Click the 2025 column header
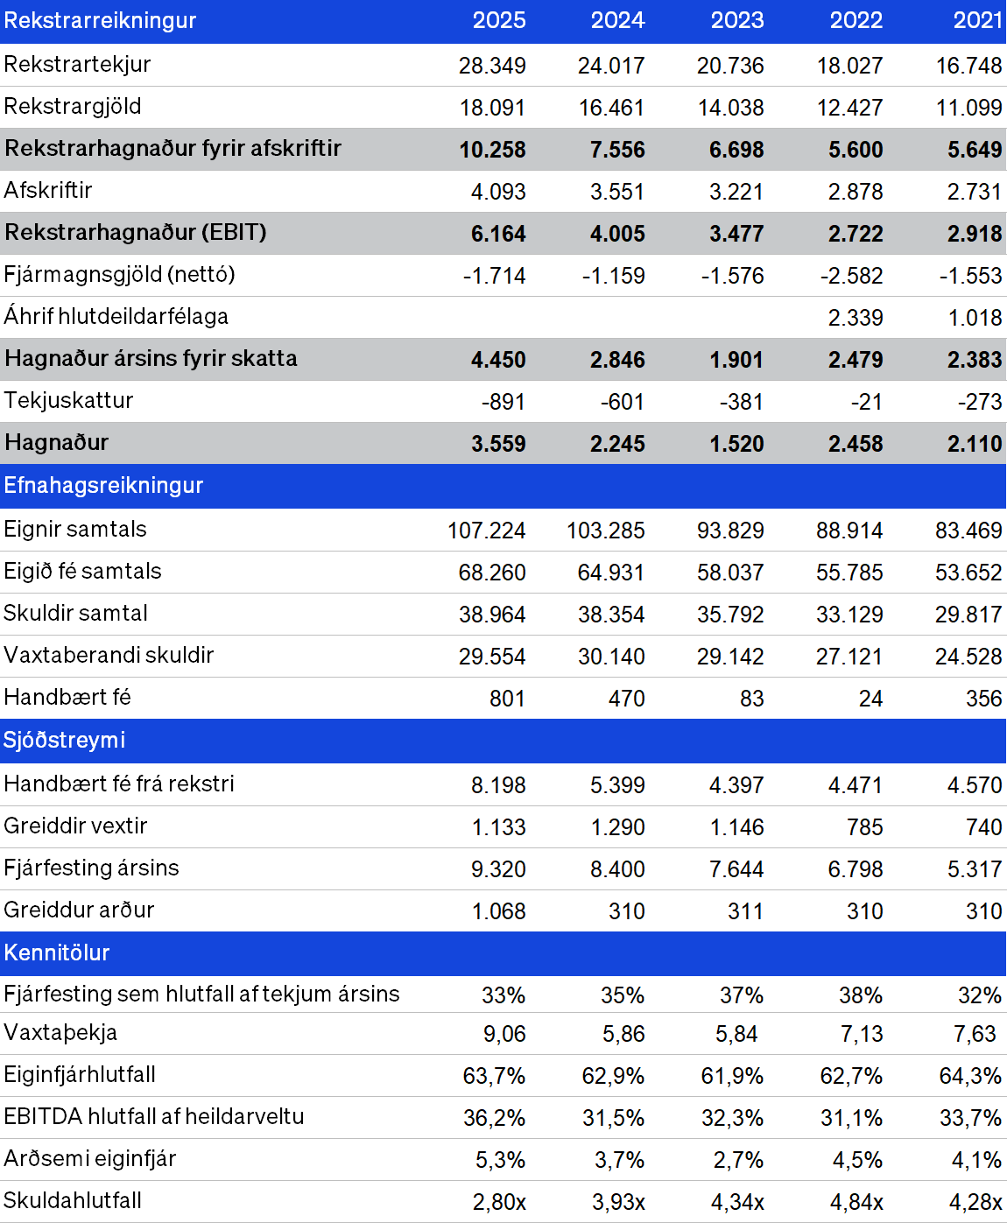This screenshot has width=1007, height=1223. pos(499,20)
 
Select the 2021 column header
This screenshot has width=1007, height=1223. pos(977,20)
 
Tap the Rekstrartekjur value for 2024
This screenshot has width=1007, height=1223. pos(611,66)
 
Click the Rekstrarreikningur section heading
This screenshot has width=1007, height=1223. pos(100,20)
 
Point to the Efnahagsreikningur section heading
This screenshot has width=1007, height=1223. pos(103,485)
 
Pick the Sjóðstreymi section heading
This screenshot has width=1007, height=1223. pos(64,740)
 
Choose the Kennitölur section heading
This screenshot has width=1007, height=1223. pos(56,952)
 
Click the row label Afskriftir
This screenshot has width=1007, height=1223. pos(47,190)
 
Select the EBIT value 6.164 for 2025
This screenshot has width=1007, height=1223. pos(498,234)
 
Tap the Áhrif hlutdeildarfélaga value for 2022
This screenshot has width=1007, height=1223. pos(855,318)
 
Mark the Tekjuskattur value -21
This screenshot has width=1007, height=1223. pos(866,402)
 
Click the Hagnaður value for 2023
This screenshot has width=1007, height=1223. pos(736,444)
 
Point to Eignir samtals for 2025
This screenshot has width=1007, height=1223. pos(486,530)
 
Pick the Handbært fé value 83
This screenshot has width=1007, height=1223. pos(751,699)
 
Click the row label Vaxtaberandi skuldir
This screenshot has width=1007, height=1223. pos(109,656)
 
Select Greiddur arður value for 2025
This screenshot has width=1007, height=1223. pos(498,911)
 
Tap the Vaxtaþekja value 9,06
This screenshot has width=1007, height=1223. pos(504,1033)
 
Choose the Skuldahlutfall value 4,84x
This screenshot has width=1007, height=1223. pos(856,1202)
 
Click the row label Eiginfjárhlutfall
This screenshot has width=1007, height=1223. pos(80,1074)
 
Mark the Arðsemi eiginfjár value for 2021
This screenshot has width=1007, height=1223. pos(976,1160)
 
